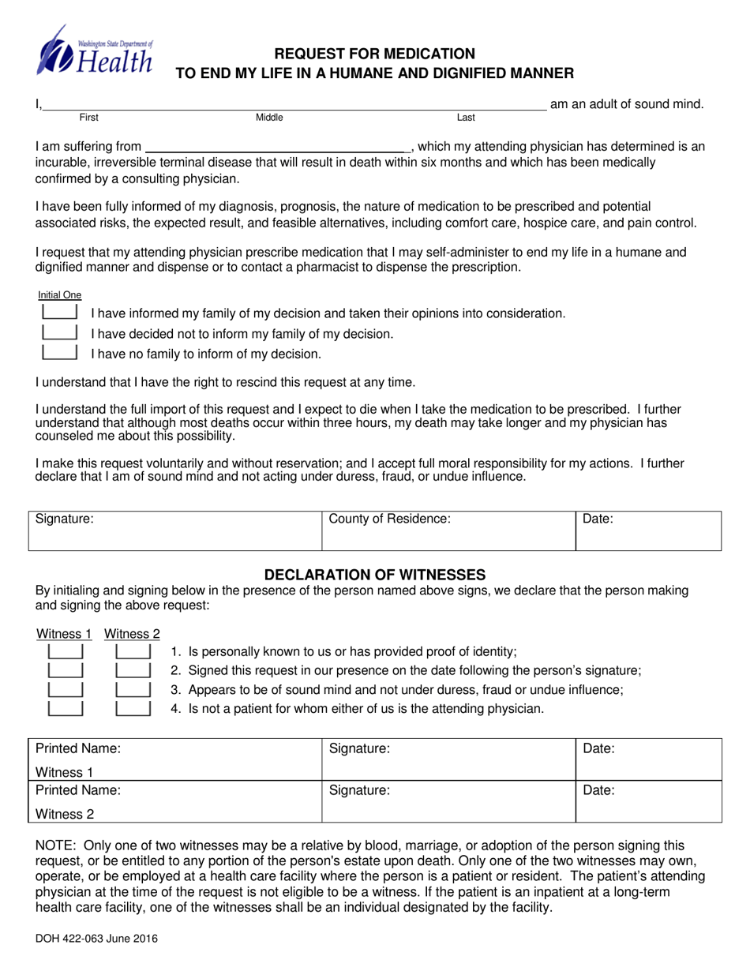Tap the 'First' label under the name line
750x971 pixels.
tap(89, 118)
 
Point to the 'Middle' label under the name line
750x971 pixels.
tap(269, 118)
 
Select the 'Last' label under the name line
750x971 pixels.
tap(467, 118)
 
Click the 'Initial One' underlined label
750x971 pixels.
tap(59, 295)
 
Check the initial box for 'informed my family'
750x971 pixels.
tap(59, 313)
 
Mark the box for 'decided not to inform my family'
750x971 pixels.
tap(59, 332)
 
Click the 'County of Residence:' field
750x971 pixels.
tap(446, 530)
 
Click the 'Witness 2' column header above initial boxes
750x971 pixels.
tap(132, 633)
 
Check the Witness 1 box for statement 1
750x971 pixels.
tap(66, 652)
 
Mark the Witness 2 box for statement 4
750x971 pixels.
tap(133, 708)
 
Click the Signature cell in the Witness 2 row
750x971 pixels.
tap(448, 802)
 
